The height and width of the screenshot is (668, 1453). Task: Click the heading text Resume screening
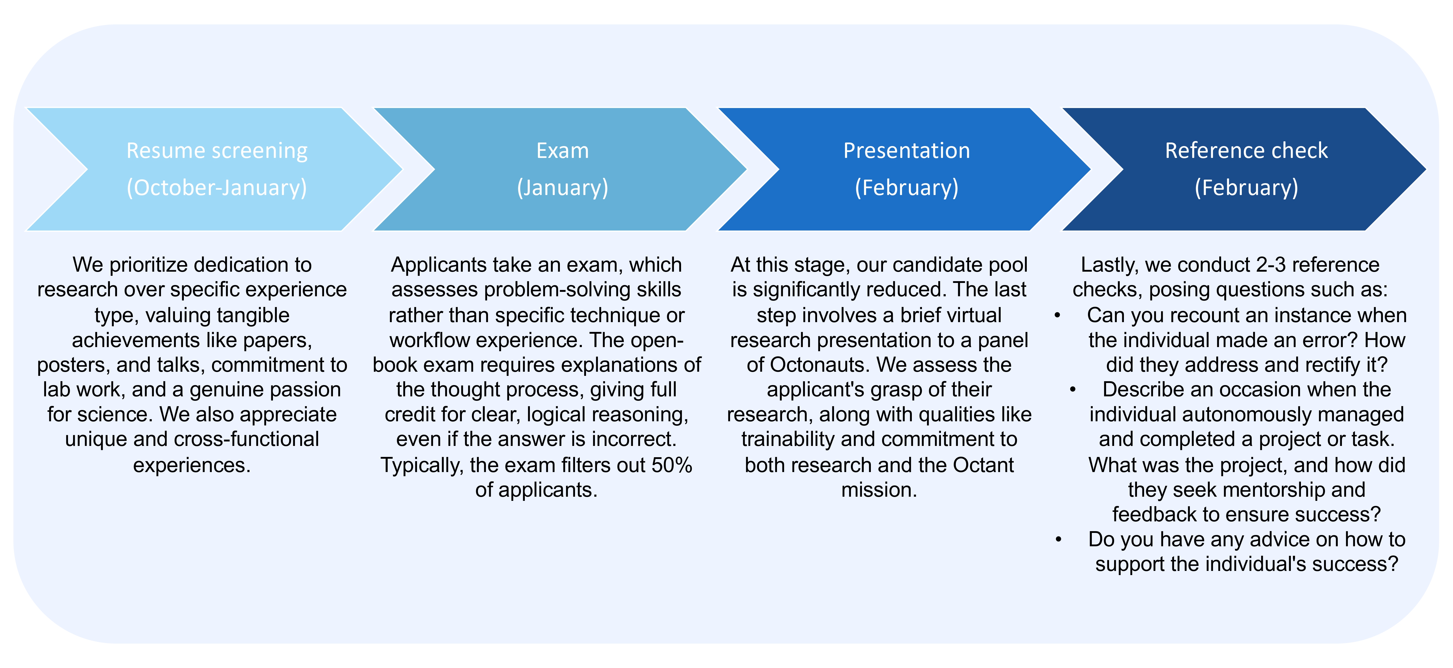217,151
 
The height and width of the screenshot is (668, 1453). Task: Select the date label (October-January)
217,187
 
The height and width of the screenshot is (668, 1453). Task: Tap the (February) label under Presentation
906,187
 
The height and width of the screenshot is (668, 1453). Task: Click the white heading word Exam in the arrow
562,151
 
